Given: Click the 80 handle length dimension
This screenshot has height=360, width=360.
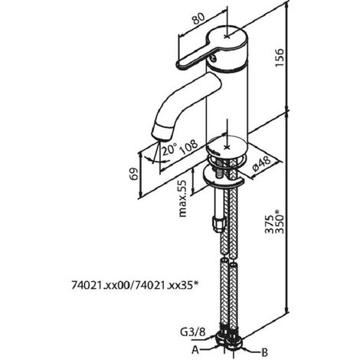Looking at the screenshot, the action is point(199,18).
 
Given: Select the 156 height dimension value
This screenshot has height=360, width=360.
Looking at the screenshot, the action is point(280,57).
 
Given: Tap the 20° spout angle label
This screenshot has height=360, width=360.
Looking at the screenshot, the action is point(169,149).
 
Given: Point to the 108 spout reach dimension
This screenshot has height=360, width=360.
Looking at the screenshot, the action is point(188,148).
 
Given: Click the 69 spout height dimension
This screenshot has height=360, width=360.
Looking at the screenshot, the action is point(134,174).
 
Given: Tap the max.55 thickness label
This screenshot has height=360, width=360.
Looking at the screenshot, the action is point(182,198).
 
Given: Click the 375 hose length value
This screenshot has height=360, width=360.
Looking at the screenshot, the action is point(269,224).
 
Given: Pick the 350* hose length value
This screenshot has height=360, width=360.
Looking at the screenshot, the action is point(280,221).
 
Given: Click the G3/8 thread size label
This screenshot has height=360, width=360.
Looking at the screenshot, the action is point(193,332).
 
